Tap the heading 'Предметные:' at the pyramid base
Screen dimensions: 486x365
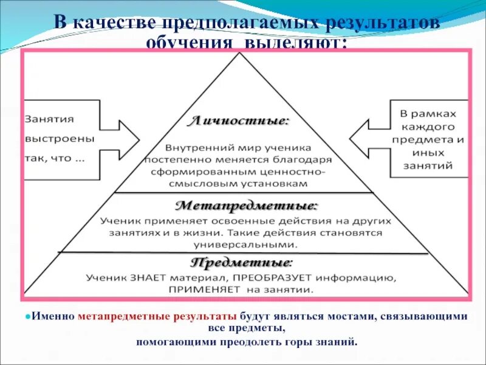point(241,263)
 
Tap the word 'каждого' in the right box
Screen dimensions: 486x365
point(428,127)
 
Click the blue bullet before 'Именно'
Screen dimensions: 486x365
point(29,317)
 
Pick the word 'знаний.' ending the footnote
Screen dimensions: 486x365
point(338,341)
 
